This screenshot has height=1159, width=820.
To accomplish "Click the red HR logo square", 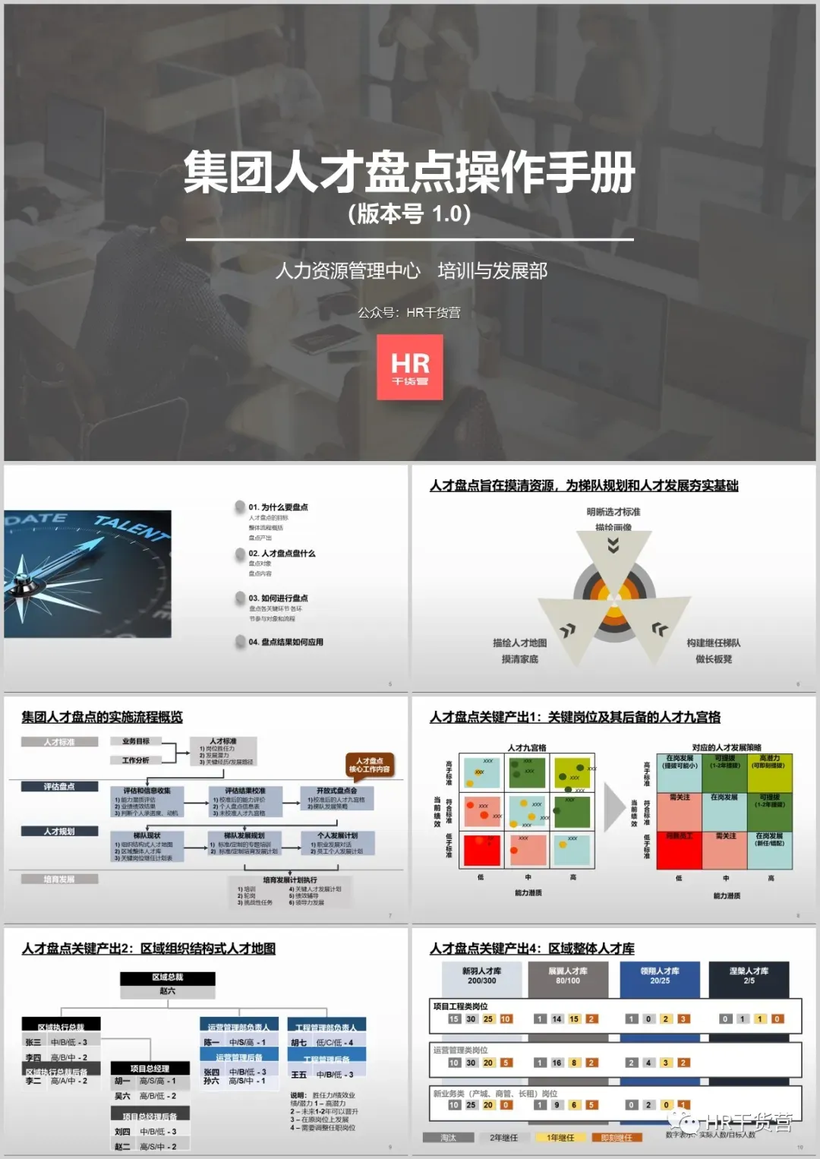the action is (x=410, y=367).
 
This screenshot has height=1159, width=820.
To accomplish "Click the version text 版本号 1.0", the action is (x=409, y=214).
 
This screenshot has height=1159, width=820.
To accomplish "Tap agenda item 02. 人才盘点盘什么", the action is (x=282, y=554).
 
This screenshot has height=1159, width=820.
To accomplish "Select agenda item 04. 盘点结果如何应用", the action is (x=285, y=643).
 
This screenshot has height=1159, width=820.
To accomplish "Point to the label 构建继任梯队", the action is (x=713, y=643).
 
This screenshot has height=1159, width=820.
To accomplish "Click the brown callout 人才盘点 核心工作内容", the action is (x=369, y=765).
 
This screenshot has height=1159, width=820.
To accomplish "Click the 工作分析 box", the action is (x=136, y=760).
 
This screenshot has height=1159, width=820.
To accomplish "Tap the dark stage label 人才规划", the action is (x=59, y=832).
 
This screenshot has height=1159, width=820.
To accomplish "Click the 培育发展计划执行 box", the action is (x=290, y=891).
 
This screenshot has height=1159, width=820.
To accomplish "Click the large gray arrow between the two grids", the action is (x=614, y=807).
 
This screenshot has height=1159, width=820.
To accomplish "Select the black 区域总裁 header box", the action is (x=167, y=977).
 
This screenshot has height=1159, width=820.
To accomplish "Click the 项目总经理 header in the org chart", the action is (x=150, y=1069).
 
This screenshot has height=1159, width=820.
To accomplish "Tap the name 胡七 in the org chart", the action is (x=299, y=1043).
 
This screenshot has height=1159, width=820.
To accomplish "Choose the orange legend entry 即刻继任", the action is (x=617, y=1138).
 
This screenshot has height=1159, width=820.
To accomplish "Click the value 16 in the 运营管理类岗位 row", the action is (x=557, y=1063).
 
